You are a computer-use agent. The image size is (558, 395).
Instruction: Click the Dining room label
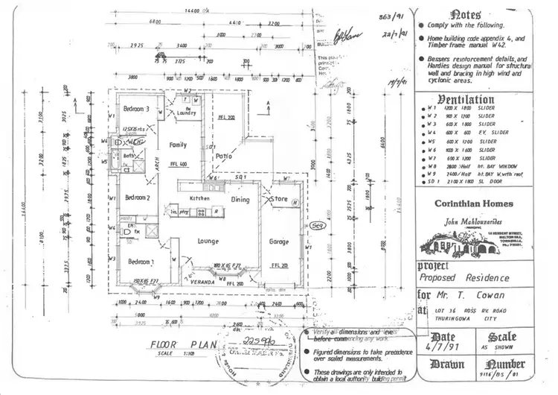(240, 200)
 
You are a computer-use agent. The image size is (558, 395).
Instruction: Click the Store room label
(280, 199)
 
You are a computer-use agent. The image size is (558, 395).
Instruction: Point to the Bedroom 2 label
(138, 197)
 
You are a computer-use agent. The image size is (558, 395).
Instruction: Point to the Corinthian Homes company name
(473, 203)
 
